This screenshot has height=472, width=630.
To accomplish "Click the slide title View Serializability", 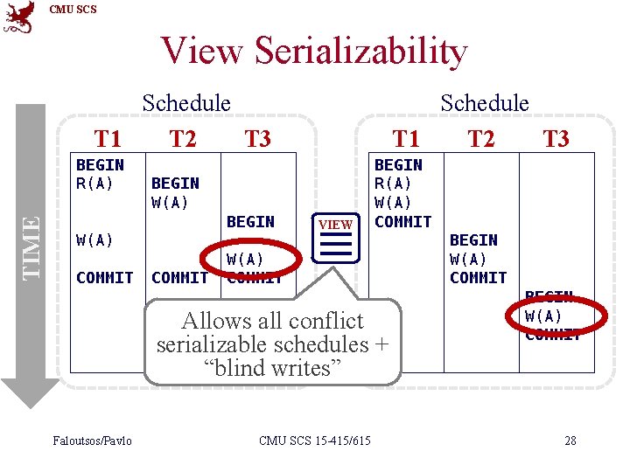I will click(x=314, y=52).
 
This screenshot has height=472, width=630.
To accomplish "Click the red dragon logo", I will click(x=19, y=17).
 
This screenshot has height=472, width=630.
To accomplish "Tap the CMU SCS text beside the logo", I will click(x=73, y=10).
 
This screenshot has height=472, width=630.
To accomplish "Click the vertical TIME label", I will click(x=31, y=247).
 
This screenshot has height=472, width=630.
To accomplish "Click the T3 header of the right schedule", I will click(x=556, y=138).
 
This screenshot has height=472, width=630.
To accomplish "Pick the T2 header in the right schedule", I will click(x=480, y=138).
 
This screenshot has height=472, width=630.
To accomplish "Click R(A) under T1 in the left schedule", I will click(x=95, y=184).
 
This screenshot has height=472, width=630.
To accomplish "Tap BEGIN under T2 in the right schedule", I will click(x=473, y=239).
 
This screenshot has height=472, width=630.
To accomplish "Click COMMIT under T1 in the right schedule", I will click(x=402, y=222).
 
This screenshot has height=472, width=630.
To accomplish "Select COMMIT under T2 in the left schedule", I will click(x=179, y=278).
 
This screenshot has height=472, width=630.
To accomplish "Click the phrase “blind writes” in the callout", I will click(x=271, y=368).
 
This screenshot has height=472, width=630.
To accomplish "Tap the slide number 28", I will click(x=570, y=441).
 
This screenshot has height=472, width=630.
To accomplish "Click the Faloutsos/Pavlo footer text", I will click(x=92, y=441).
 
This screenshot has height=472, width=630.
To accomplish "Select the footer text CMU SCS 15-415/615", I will click(x=314, y=441).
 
